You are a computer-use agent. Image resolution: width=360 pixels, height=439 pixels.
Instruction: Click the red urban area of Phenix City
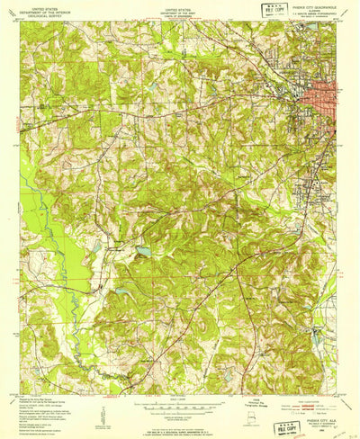click(322, 94)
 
